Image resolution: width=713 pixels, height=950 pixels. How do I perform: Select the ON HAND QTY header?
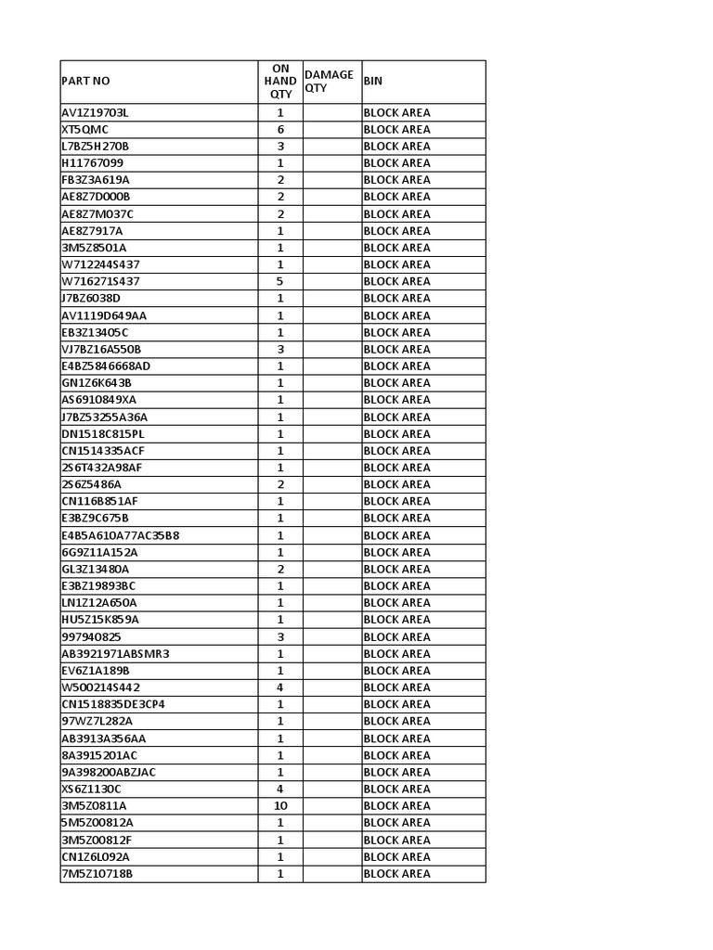pyautogui.click(x=279, y=82)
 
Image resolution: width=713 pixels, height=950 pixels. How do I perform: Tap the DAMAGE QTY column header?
pyautogui.click(x=329, y=82)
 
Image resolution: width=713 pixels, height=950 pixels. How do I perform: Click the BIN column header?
pyautogui.click(x=373, y=82)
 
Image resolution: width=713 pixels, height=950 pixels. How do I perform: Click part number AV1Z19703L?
pyautogui.click(x=96, y=112)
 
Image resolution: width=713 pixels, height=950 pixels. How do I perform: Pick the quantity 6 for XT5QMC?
pyautogui.click(x=279, y=129)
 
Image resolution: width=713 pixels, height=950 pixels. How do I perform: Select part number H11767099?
pyautogui.click(x=92, y=163)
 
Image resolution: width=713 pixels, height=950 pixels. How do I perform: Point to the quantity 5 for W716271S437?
pyautogui.click(x=279, y=281)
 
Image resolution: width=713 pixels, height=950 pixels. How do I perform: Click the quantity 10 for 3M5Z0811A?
pyautogui.click(x=279, y=805)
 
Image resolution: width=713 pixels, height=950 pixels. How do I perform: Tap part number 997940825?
pyautogui.click(x=91, y=636)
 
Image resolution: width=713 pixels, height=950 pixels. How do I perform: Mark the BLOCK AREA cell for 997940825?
pyautogui.click(x=396, y=636)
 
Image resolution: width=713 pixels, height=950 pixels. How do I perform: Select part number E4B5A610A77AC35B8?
pyautogui.click(x=121, y=535)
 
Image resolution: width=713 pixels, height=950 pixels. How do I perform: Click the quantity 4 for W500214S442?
pyautogui.click(x=279, y=687)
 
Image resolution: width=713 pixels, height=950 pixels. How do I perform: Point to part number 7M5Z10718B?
pyautogui.click(x=97, y=873)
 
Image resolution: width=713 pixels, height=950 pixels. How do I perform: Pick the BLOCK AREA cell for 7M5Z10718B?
pyautogui.click(x=396, y=873)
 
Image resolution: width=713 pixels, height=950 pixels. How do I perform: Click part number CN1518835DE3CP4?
pyautogui.click(x=113, y=704)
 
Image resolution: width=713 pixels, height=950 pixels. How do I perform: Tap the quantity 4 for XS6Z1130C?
pyautogui.click(x=279, y=789)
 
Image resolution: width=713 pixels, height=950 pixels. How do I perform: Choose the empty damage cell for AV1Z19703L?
pyautogui.click(x=331, y=112)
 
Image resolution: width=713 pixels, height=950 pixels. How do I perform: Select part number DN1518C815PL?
pyautogui.click(x=103, y=433)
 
